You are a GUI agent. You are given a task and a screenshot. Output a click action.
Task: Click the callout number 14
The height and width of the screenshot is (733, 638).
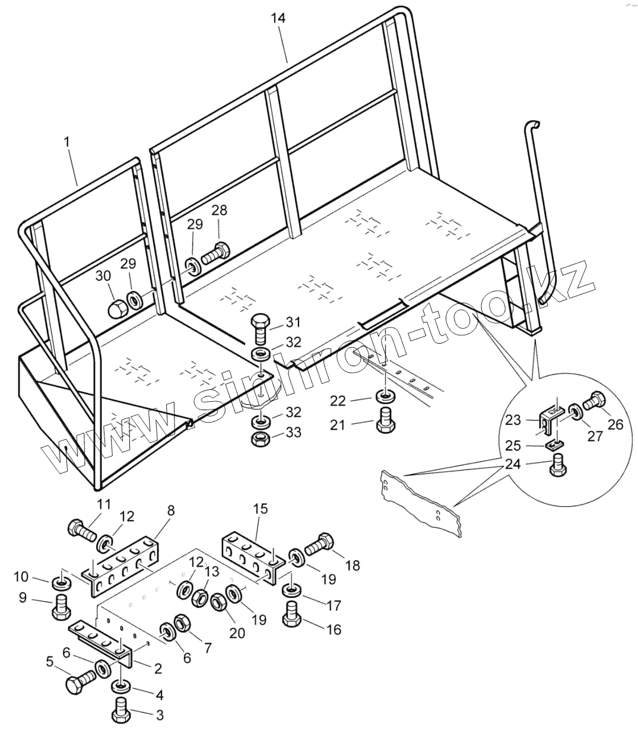278,18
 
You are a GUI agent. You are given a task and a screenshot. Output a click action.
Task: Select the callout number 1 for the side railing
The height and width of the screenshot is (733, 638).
67,142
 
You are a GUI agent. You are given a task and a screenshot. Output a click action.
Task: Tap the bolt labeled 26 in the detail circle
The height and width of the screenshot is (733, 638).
594,403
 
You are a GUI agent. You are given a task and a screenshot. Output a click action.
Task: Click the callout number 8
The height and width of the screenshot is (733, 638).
170,510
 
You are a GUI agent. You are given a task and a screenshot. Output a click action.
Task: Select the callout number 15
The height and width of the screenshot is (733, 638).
260,509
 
